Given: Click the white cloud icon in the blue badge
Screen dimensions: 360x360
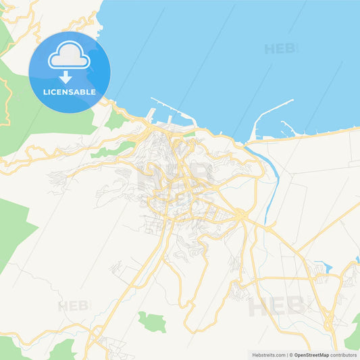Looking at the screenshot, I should point(69,57).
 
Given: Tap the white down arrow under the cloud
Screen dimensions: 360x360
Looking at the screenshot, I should point(66,77).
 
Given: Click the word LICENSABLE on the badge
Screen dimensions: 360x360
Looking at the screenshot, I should point(70,91).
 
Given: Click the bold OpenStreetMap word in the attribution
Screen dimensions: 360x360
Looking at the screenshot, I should point(311,355).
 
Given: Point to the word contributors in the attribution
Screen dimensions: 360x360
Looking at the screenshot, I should point(343,355).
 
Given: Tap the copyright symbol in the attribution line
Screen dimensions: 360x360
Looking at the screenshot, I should point(290,355).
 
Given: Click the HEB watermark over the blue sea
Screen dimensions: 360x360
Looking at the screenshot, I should point(279,49).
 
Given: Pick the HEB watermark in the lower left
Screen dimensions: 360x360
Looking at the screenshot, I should point(74,306).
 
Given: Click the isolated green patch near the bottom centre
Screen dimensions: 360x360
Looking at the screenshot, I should point(152,322).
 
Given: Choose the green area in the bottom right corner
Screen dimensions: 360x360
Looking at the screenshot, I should point(353,334).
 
